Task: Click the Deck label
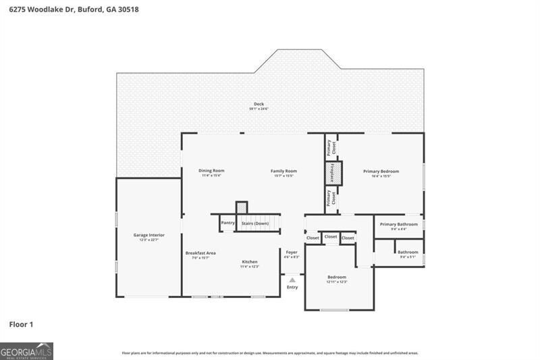[259, 103]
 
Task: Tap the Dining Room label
[211, 171]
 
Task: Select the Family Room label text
[283, 171]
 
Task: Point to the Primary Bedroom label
[381, 171]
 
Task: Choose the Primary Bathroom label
[398, 224]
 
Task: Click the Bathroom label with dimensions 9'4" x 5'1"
[408, 252]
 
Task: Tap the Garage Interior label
[148, 235]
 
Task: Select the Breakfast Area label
[200, 253]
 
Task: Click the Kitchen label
[250, 261]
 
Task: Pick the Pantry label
[227, 222]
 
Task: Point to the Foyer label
[292, 252]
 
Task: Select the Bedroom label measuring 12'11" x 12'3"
[337, 277]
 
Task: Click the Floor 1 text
[21, 324]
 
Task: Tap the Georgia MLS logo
[26, 351]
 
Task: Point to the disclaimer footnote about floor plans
[269, 353]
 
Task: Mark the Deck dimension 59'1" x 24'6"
[259, 109]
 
